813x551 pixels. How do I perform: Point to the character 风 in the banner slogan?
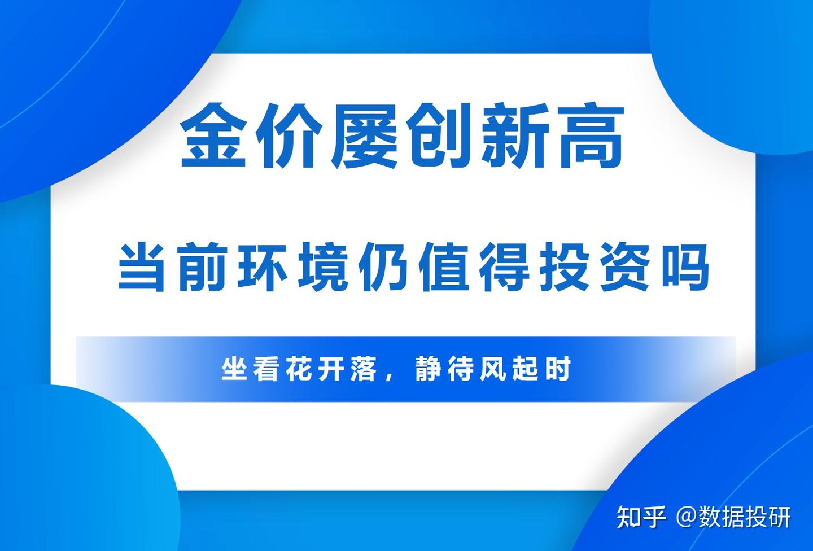[493, 370]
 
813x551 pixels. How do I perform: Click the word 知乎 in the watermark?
[642, 517]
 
